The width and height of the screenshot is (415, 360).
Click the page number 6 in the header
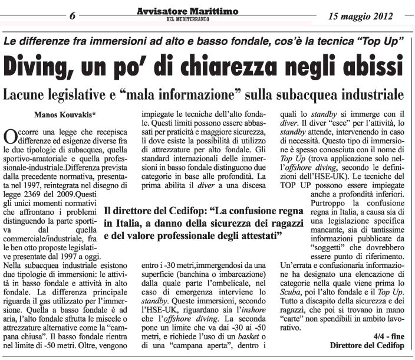tap(73, 16)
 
